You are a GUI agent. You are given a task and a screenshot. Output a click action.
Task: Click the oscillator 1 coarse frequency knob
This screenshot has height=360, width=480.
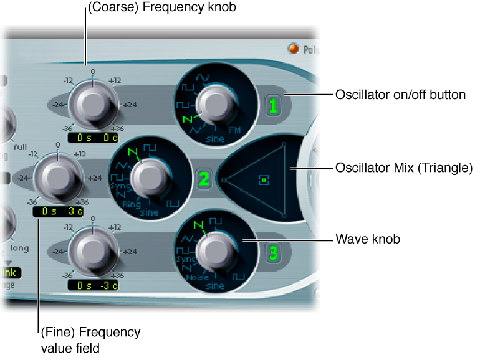click(92, 103)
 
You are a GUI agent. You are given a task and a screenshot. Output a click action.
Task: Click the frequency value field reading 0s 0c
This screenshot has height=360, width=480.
click(93, 138)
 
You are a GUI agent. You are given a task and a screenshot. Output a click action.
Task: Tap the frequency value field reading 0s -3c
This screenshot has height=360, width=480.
click(93, 286)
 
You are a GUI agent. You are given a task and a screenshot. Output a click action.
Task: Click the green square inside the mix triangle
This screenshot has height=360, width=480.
click(264, 181)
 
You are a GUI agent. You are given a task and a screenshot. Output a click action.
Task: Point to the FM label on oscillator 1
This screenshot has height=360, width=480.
click(235, 130)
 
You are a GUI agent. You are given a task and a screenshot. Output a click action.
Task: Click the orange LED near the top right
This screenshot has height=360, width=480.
click(292, 49)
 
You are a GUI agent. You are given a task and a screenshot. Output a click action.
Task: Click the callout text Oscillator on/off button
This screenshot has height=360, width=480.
click(400, 95)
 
